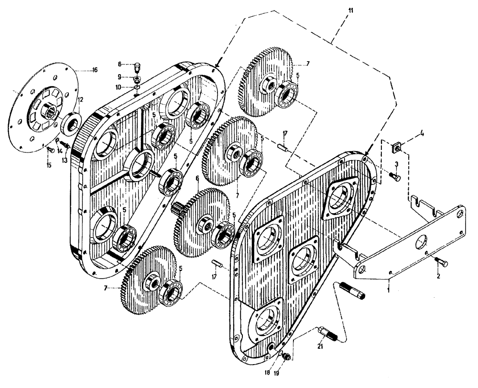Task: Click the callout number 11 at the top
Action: pyautogui.click(x=351, y=10)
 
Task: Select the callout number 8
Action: pyautogui.click(x=120, y=64)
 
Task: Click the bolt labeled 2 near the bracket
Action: pyautogui.click(x=440, y=262)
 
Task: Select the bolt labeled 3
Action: pyautogui.click(x=394, y=177)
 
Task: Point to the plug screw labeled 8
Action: pyautogui.click(x=138, y=65)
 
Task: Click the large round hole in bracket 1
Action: pyautogui.click(x=421, y=238)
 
